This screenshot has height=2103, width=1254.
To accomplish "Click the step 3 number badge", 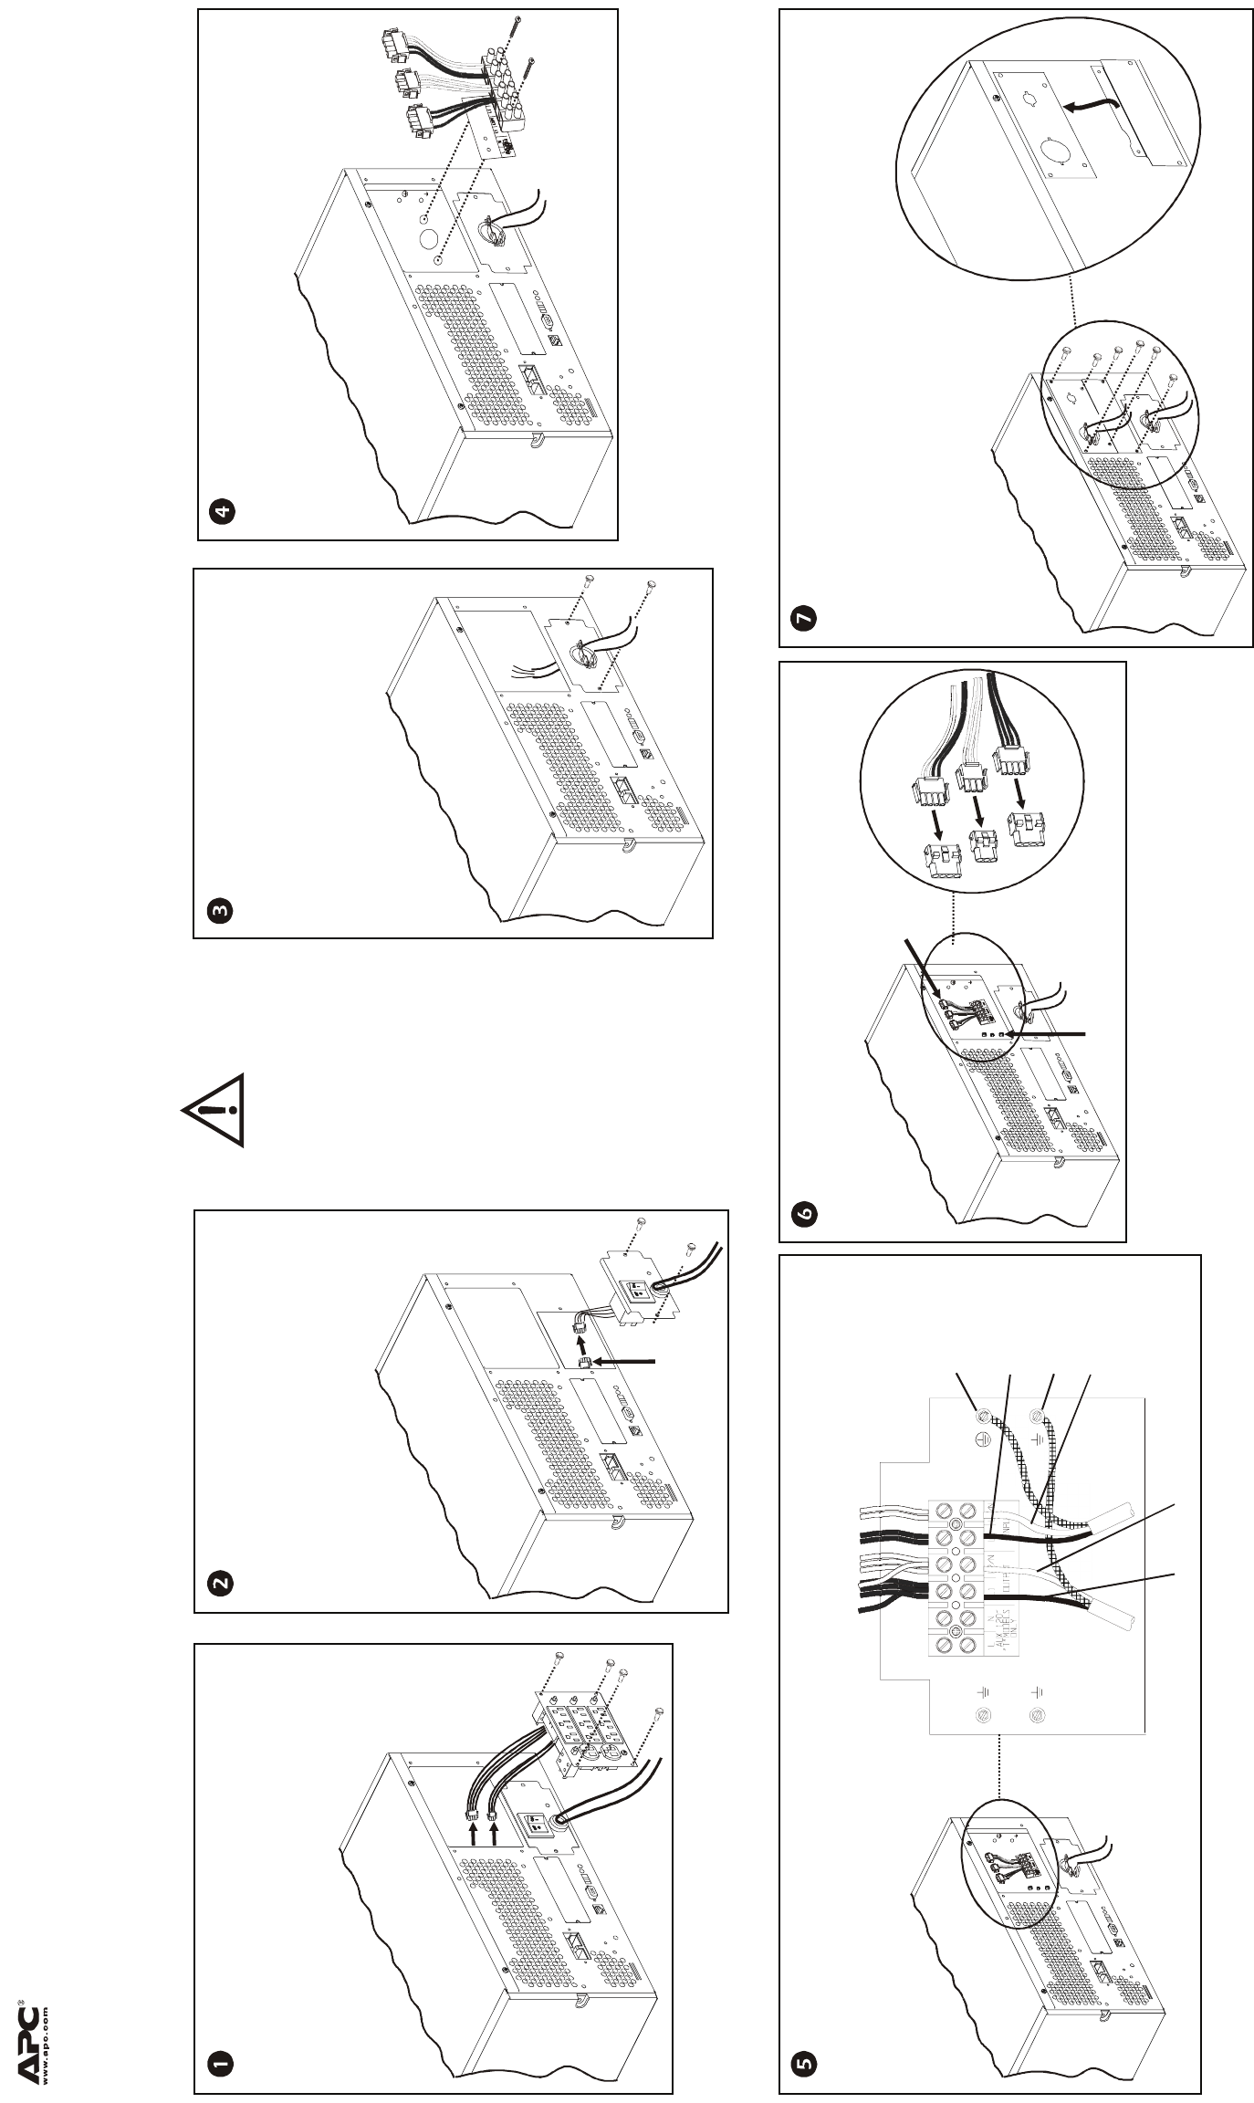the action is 219,910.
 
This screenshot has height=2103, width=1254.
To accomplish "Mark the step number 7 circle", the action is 804,619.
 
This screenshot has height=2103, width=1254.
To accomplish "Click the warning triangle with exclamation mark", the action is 217,1109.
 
